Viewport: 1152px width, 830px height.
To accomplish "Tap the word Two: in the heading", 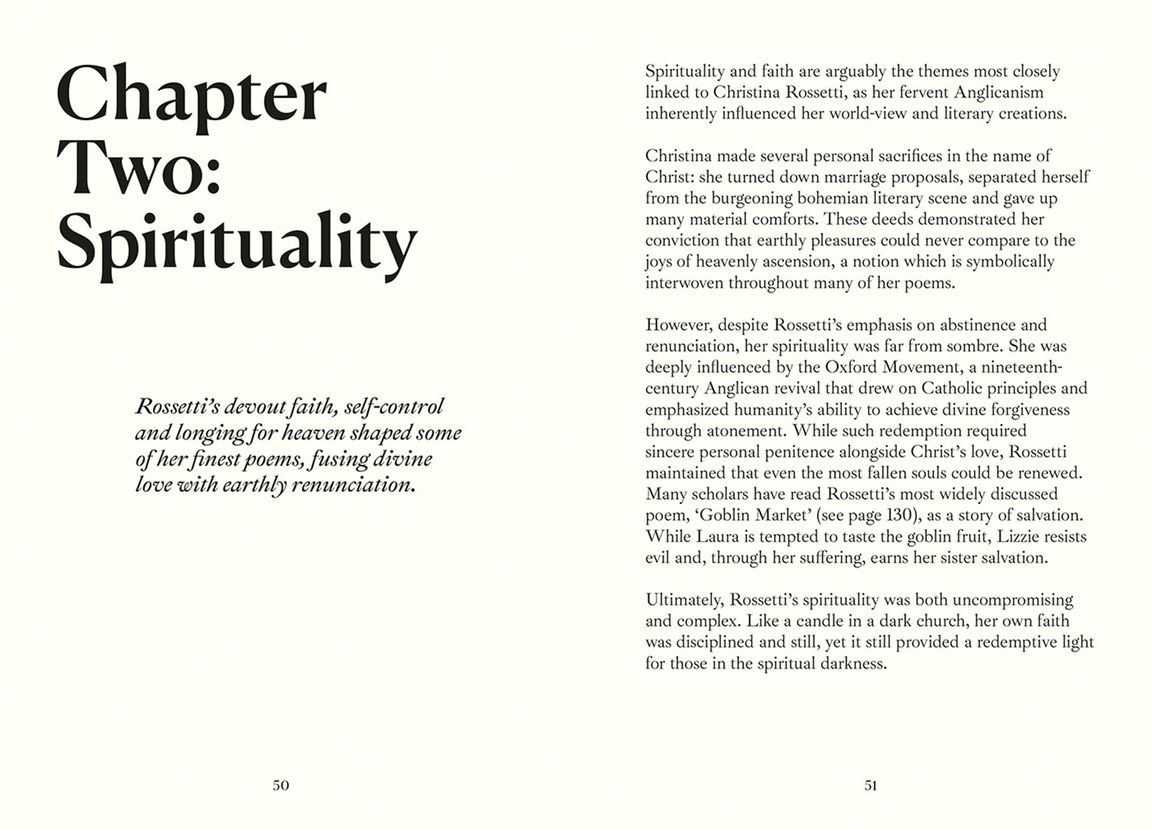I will (x=139, y=167).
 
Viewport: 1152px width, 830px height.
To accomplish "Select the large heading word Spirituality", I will (x=237, y=241).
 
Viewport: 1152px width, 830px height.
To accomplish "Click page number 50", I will (x=281, y=785).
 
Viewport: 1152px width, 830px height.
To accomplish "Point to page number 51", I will (x=870, y=785).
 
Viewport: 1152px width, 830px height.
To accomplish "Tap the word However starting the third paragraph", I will (x=679, y=325).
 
